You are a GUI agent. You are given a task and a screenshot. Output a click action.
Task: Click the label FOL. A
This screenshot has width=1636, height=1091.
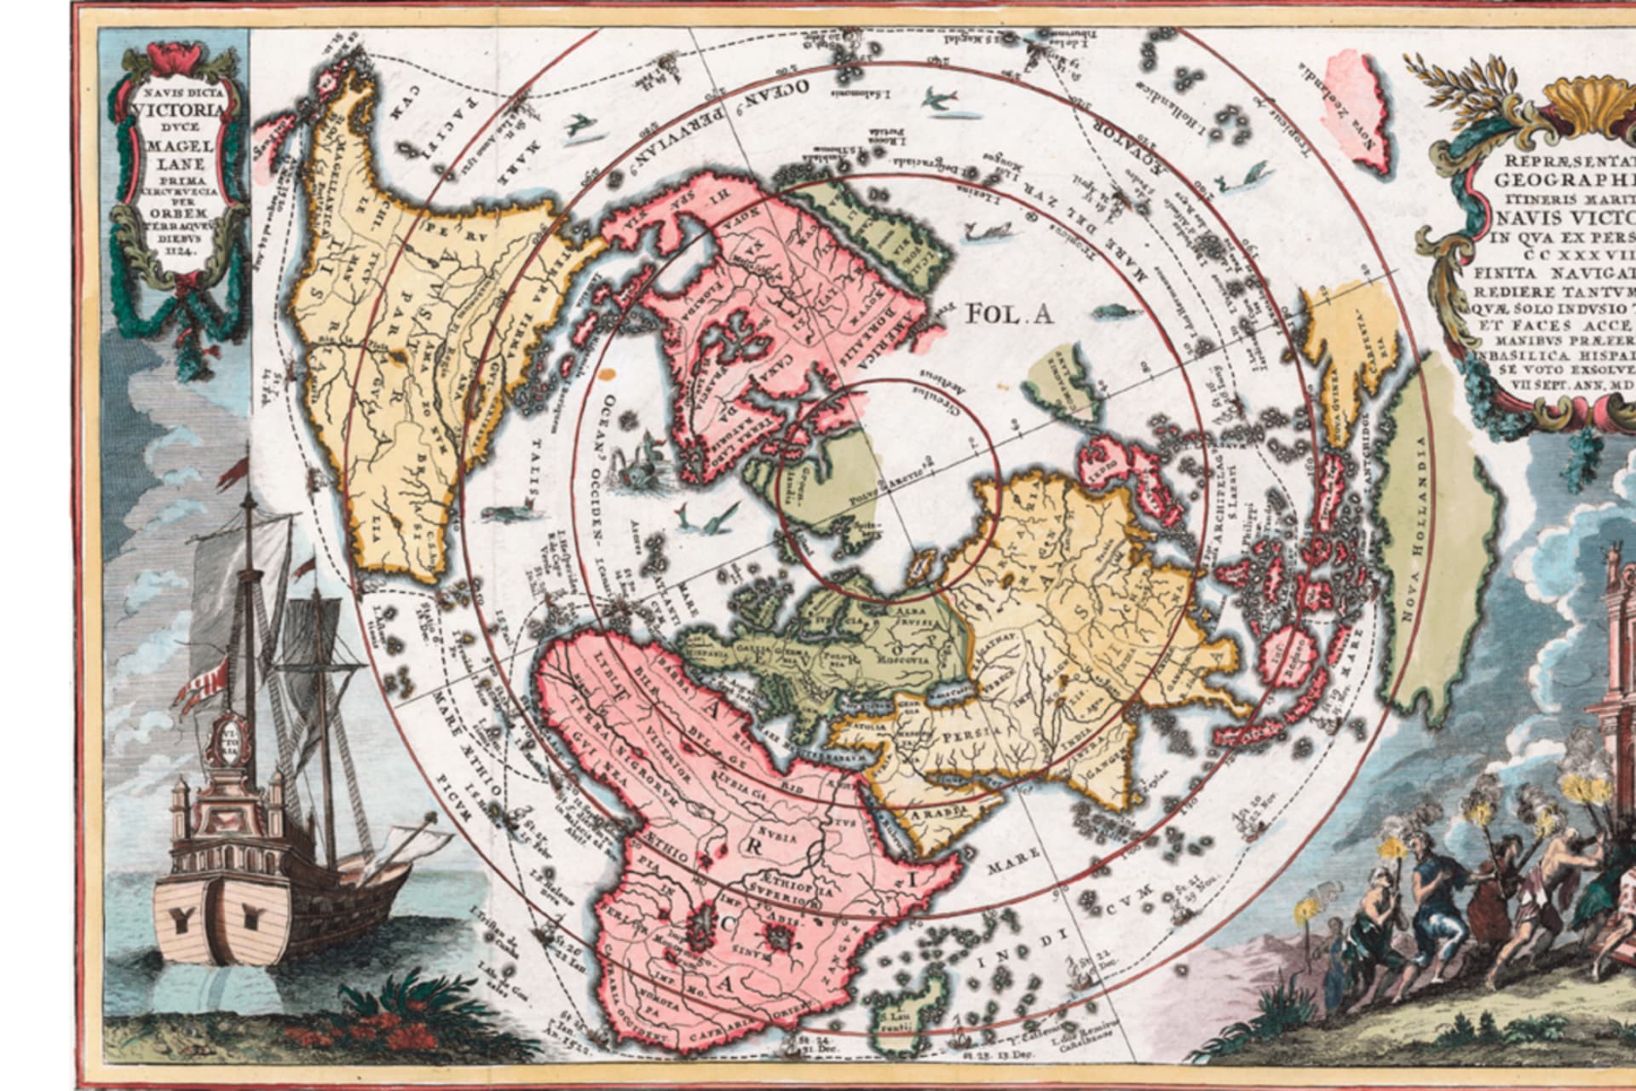click(x=1010, y=314)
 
